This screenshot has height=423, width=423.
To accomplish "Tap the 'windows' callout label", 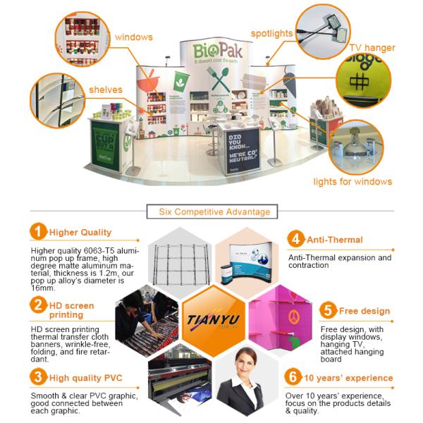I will (133, 37).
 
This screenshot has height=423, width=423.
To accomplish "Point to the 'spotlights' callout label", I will (272, 33).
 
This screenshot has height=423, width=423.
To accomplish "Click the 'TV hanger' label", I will (372, 48).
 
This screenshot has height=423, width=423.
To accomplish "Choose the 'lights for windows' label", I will (352, 181).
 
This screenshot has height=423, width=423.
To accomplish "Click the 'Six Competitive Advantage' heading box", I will (211, 211).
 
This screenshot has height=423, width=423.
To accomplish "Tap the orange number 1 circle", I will (38, 231).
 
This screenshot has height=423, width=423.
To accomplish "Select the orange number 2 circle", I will (38, 305).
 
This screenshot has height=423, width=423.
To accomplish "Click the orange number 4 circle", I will (295, 238).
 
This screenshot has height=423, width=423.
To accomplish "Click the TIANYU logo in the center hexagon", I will (211, 318).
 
